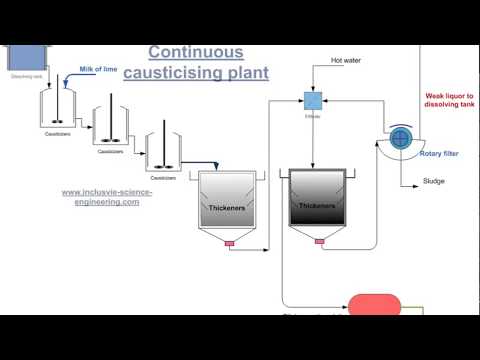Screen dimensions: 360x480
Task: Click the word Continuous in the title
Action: [x=196, y=51]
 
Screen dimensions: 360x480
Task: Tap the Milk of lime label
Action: [x=98, y=70]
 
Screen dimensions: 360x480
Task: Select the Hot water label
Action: [x=347, y=61]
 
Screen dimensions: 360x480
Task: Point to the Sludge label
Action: [x=434, y=182]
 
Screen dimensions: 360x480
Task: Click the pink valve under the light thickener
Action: [x=229, y=242]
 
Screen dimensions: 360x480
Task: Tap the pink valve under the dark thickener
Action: [x=320, y=242]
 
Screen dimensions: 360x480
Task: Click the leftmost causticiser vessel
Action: [x=54, y=110]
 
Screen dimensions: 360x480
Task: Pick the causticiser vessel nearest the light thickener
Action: [x=163, y=150]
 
